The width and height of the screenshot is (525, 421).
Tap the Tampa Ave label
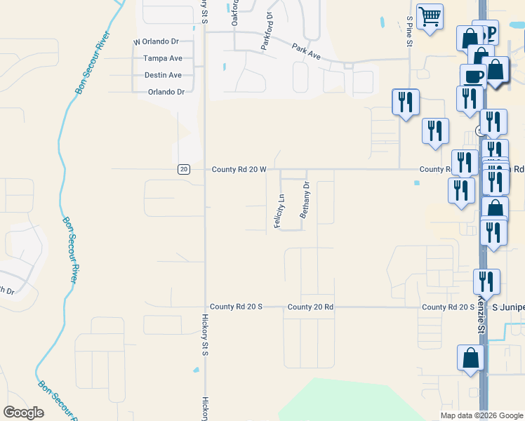163,59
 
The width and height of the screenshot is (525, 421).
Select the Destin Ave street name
163,75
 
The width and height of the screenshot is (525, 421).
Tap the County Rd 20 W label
239,170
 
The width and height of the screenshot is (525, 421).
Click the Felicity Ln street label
278,211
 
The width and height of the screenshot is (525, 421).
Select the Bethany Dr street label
305,201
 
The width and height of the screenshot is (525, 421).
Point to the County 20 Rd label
310,307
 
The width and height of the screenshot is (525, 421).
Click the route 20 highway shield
183,169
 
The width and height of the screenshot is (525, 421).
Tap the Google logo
23,413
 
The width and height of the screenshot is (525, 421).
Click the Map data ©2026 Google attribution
481,415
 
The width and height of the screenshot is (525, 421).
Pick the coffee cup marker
472,76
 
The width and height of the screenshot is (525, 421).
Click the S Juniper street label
507,307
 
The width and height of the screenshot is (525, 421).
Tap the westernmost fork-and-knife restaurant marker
405,102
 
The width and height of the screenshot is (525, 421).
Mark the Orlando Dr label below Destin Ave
166,92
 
